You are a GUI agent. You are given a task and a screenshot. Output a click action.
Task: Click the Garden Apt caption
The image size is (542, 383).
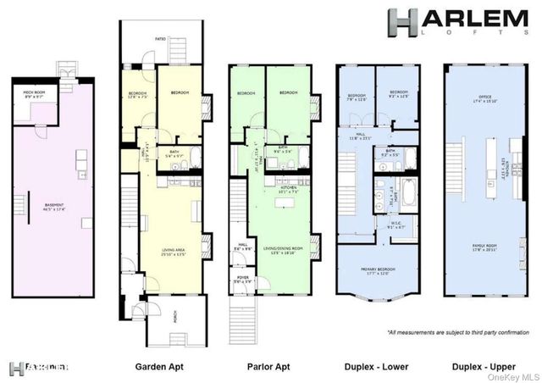coord(160,368)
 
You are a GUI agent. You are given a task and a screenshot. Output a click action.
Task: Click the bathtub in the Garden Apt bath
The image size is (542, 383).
coord(195,158)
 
